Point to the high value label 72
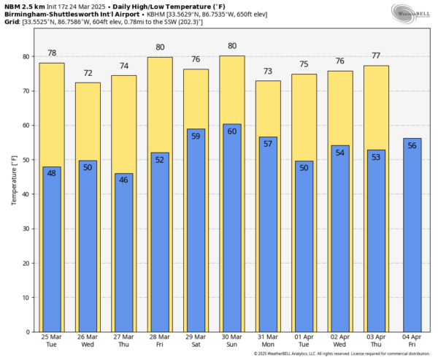[x=88, y=74]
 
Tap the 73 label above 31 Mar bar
[x=268, y=72]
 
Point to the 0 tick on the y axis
[x=26, y=332]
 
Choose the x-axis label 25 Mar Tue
[x=52, y=341]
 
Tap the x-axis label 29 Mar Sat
[x=196, y=341]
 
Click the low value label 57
[x=268, y=144]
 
